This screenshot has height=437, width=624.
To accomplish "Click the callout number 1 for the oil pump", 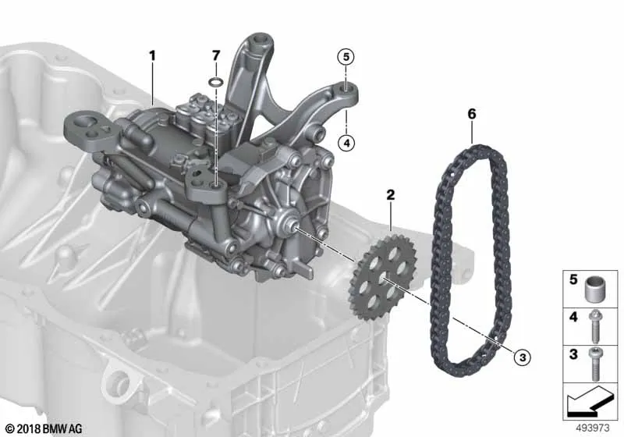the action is (152, 55).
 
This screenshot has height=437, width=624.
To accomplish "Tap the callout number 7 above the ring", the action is (215, 55).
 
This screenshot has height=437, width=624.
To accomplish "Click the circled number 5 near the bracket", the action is (346, 57).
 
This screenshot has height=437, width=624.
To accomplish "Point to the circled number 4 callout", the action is (346, 143).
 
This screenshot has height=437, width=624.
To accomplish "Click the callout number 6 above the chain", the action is (472, 114).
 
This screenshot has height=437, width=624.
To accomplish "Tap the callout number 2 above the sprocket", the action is (391, 194).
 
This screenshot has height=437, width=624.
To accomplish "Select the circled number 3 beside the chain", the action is (523, 357).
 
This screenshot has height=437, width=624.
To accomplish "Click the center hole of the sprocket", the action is (384, 276).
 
